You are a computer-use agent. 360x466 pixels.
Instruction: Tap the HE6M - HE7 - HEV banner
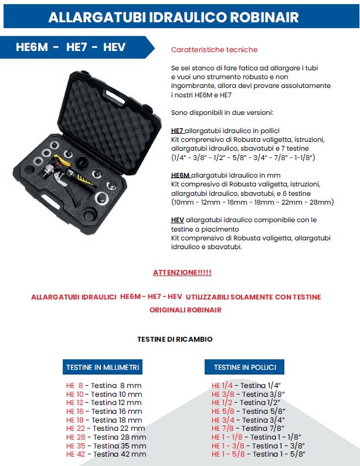pos(71,47)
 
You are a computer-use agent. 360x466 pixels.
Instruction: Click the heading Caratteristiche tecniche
pos(214,50)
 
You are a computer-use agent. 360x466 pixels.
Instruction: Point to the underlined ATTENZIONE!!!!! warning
pos(182,273)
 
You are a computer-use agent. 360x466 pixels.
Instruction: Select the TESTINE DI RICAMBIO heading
pos(175,339)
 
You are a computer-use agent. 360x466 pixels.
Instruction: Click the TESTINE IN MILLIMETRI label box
pos(103,368)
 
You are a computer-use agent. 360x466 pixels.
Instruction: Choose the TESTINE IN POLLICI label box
pos(244,368)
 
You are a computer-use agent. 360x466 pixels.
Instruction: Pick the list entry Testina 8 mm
pos(114,386)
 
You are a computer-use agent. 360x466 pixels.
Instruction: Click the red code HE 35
pos(74,445)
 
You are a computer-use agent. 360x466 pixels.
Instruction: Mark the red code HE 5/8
pos(223,411)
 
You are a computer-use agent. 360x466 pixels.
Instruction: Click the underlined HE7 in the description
pos(177,130)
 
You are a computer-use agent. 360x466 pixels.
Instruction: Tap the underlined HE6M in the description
pos(180,175)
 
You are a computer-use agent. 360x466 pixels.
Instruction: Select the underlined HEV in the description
pos(178,220)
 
